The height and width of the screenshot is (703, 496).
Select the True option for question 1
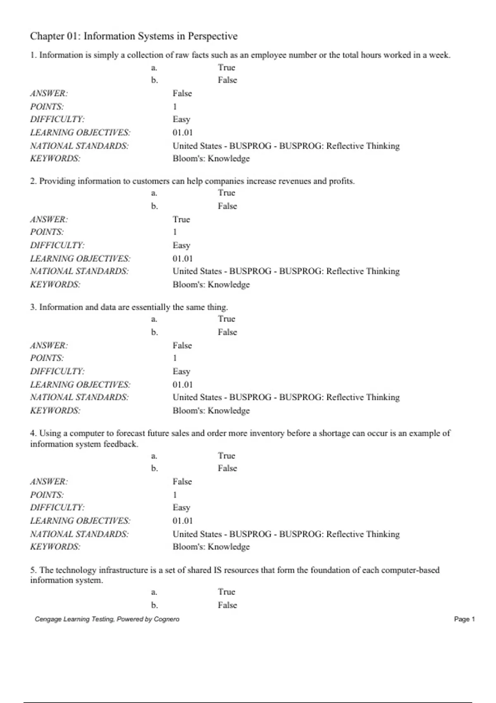pos(227,67)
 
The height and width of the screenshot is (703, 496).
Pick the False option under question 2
pos(227,206)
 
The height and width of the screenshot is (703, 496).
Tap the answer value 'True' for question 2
pos(181,219)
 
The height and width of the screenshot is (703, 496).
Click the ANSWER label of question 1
pos(49,93)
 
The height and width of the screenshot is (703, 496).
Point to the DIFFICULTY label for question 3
pos(57,371)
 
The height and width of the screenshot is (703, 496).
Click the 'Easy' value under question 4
pos(181,507)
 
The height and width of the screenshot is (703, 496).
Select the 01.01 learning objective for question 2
pos(183,258)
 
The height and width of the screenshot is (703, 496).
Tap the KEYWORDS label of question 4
pos(55,547)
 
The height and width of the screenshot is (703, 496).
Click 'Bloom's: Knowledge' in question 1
pos(211,158)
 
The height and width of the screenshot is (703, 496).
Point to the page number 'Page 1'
pos(464,619)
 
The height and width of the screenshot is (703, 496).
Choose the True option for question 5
pos(227,592)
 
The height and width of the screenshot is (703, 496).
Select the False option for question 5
pos(227,605)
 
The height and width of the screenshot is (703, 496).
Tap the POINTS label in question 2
pos(47,232)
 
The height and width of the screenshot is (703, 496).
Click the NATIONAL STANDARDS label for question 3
pos(79,397)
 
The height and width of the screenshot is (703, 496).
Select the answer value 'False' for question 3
pos(182,345)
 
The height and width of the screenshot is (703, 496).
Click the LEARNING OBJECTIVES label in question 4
pos(80,521)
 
